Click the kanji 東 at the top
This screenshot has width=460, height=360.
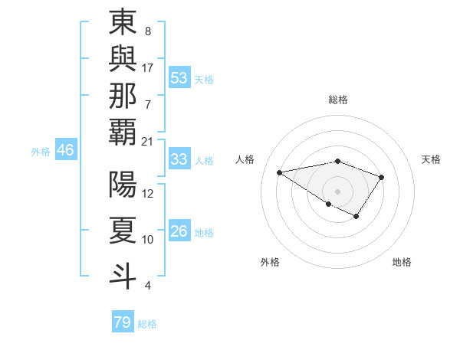[123, 22]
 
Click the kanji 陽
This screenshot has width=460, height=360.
[123, 185]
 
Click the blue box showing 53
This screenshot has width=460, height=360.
[179, 78]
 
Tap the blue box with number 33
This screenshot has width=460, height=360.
[179, 159]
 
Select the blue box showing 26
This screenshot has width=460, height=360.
[179, 231]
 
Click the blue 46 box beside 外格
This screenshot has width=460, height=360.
[65, 150]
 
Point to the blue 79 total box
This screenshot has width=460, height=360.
[123, 322]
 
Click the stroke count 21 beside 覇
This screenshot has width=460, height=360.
[148, 141]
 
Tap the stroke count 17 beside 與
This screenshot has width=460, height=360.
[148, 67]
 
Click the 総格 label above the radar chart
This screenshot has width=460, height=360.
[337, 100]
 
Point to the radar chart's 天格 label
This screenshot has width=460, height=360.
[431, 159]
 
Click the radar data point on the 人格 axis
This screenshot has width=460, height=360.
[279, 172]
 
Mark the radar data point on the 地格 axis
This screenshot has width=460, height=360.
[356, 217]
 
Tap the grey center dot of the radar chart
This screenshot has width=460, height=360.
[337, 191]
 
